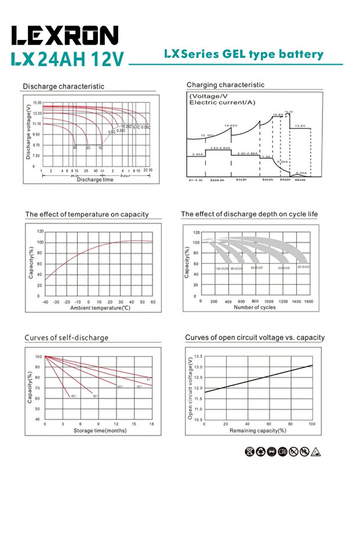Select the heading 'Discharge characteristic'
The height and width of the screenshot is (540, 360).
click(64, 86)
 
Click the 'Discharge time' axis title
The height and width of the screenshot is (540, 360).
click(95, 180)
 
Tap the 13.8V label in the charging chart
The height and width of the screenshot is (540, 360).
click(300, 126)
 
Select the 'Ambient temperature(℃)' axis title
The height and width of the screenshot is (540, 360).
click(100, 307)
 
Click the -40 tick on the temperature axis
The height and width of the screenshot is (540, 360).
click(45, 302)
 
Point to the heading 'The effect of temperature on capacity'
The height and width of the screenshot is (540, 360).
click(87, 215)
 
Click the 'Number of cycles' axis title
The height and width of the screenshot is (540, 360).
click(254, 307)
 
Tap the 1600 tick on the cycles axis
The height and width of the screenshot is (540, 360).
click(308, 302)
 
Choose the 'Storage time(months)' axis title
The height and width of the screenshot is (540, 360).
click(100, 430)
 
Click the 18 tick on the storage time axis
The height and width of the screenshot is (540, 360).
click(151, 425)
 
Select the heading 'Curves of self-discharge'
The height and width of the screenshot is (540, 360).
click(66, 338)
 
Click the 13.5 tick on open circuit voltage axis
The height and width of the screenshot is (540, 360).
click(197, 357)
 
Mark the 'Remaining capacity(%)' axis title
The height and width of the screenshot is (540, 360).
click(258, 430)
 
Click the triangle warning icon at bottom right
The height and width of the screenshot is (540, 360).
click(316, 451)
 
